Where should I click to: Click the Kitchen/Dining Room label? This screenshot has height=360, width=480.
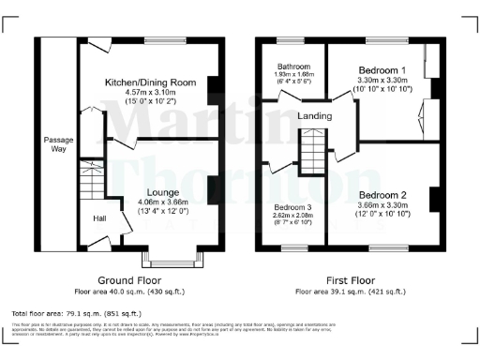150,82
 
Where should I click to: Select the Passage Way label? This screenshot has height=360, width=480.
58,144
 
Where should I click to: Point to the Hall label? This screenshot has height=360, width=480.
98,218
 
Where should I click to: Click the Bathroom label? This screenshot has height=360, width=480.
292,66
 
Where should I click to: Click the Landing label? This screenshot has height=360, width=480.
313,115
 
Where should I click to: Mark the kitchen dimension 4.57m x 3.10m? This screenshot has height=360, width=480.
150,92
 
